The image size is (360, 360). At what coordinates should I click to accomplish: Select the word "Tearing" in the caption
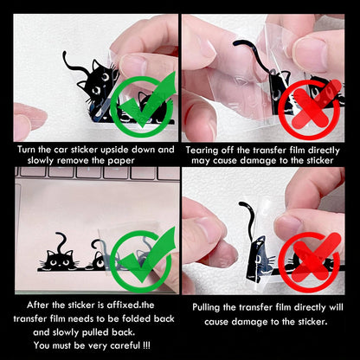(202, 151)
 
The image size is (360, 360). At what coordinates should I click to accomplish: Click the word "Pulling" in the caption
(206, 307)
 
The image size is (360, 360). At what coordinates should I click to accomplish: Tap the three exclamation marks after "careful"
(146, 345)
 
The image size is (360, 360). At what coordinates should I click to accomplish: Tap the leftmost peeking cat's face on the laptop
(60, 260)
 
